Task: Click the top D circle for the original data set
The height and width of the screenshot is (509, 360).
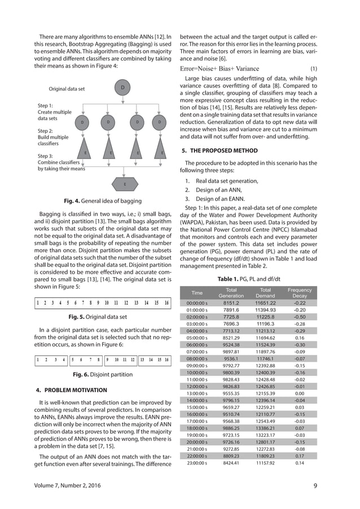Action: coord(122,87)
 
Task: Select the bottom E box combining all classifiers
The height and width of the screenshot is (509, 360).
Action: coord(124,185)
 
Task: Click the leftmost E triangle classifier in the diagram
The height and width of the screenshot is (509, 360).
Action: coord(85,153)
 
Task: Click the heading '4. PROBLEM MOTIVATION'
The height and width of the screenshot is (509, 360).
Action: coord(71,390)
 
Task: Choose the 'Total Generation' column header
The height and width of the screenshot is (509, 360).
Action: coord(231,292)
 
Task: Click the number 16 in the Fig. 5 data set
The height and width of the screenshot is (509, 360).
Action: coord(166,303)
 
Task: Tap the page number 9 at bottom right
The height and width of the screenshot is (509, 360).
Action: coord(315,485)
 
